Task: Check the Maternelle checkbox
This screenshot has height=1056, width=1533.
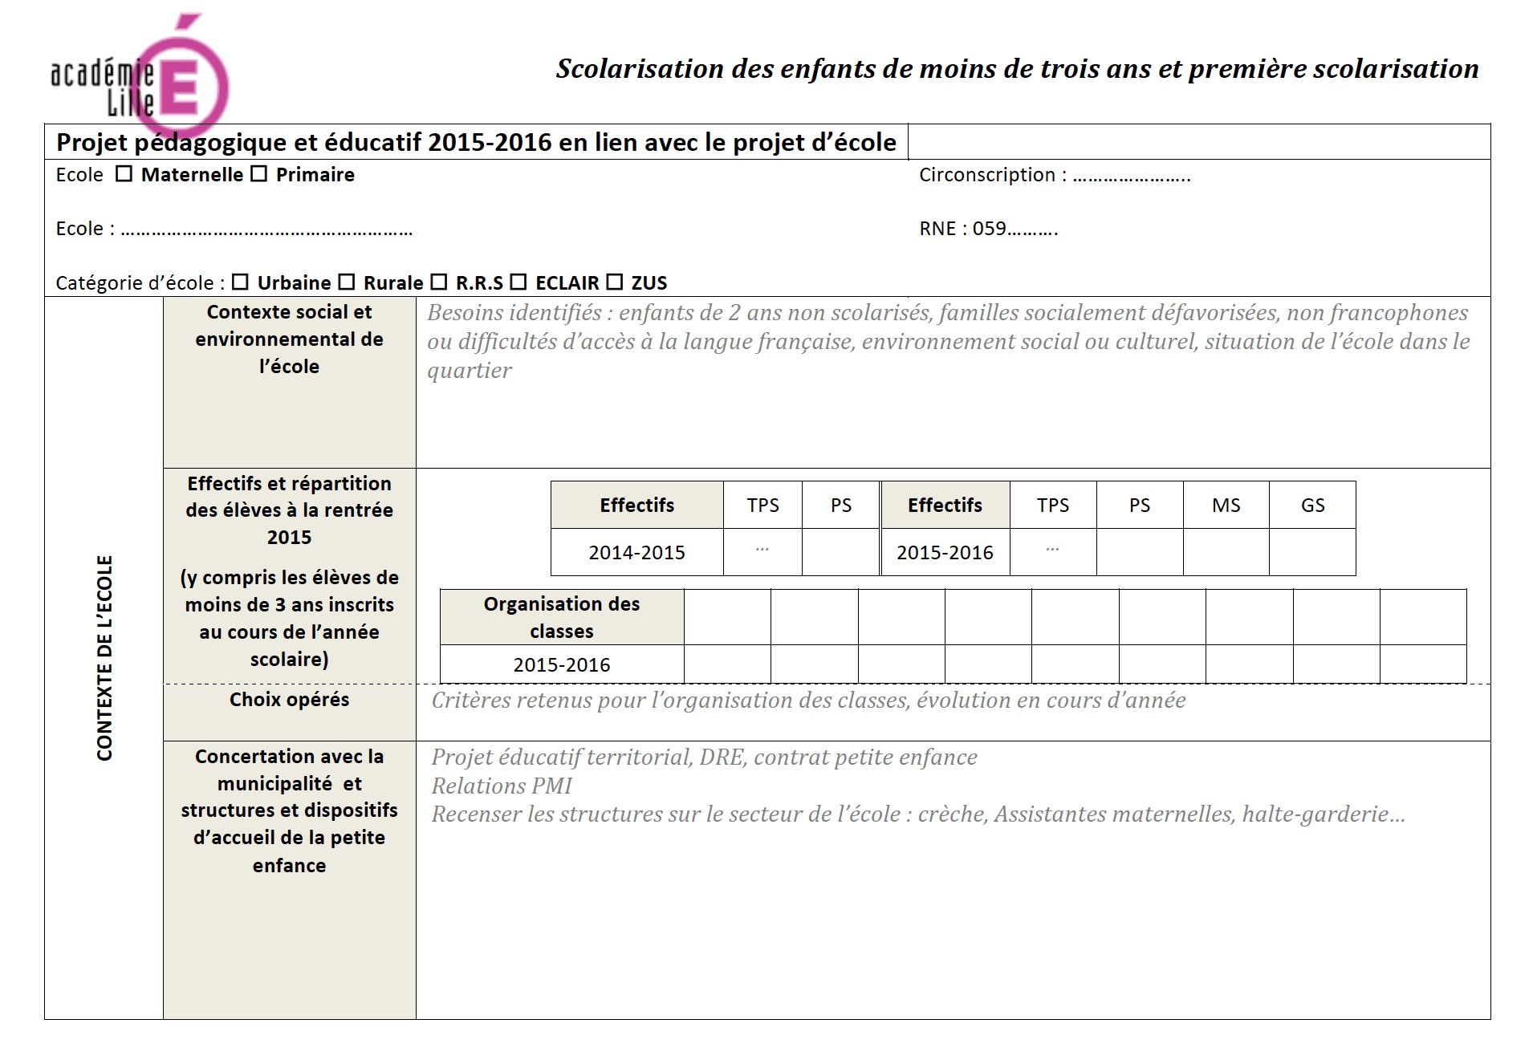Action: [124, 174]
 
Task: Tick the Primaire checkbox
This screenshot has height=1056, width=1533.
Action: [258, 174]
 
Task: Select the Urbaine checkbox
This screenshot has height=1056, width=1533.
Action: [240, 282]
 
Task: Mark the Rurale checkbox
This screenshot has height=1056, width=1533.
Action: [346, 282]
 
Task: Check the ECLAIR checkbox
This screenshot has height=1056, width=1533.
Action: [518, 282]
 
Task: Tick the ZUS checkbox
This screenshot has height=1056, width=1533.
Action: [614, 282]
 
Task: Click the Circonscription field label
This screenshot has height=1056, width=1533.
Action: [987, 175]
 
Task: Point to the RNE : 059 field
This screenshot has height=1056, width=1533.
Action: [988, 229]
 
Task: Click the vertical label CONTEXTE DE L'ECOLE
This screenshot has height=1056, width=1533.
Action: [104, 658]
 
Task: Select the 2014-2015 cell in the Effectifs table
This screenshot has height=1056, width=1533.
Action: [636, 553]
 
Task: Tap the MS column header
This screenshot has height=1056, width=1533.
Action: [1226, 506]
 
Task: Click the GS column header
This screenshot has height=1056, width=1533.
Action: [1312, 506]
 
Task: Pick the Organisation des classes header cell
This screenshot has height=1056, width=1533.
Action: [562, 617]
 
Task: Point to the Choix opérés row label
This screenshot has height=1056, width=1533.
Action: [289, 700]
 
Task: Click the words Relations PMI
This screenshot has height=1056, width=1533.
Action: [502, 786]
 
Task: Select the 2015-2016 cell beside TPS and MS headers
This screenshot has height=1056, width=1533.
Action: [945, 553]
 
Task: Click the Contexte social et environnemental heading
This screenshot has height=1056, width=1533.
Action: [289, 339]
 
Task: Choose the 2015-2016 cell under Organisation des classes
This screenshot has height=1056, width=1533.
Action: [562, 665]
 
